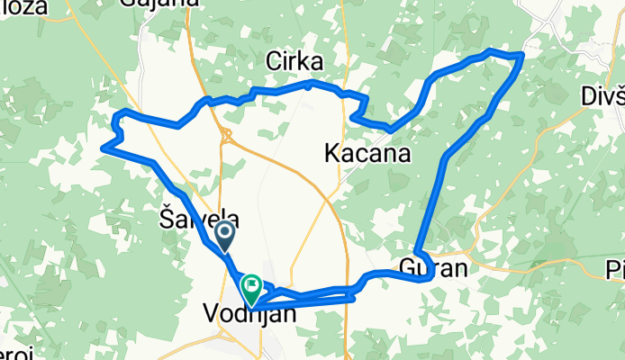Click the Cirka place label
pos(294,61)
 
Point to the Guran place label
pos(433,268)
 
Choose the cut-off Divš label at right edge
pos(602,95)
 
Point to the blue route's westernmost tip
pos(104,147)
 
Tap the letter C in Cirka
pos(273,61)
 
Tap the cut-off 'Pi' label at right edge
pos(615,268)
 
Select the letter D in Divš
pos(586,95)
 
